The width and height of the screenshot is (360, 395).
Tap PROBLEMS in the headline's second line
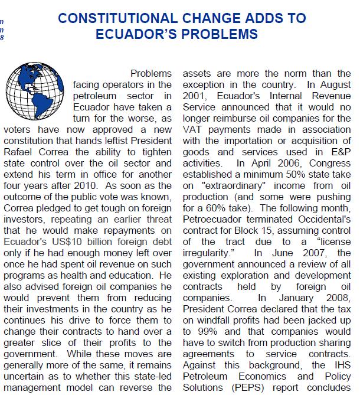click(216, 34)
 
